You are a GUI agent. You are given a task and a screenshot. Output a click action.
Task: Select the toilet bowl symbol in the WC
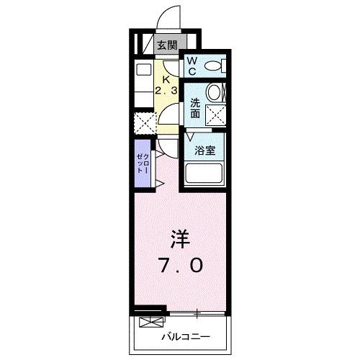pos(213,66)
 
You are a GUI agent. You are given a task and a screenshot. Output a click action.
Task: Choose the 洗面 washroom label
pos(194,108)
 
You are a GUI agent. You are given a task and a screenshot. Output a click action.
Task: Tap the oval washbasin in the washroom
pos(215,92)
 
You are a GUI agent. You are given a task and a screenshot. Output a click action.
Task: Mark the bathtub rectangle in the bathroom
pos(205,174)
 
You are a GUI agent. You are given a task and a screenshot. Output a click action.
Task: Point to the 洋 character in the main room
pos(179,238)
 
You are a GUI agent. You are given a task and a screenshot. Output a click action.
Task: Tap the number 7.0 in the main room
pos(180,266)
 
